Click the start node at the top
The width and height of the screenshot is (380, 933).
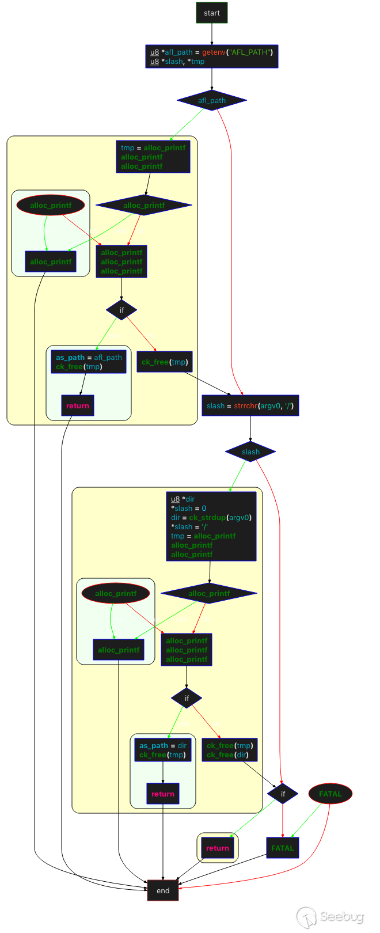pyautogui.click(x=211, y=13)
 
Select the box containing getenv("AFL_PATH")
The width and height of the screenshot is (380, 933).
pyautogui.click(x=211, y=56)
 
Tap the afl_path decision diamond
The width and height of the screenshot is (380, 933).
pyautogui.click(x=211, y=100)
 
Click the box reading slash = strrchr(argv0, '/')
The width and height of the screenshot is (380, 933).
pyautogui.click(x=250, y=405)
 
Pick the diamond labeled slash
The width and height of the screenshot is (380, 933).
pyautogui.click(x=250, y=452)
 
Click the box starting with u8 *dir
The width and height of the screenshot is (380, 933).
pyautogui.click(x=211, y=526)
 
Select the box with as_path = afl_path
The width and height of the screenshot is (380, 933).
pyautogui.click(x=89, y=362)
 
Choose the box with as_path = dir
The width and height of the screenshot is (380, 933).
pyautogui.click(x=163, y=750)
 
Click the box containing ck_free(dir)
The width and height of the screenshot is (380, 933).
pyautogui.click(x=229, y=750)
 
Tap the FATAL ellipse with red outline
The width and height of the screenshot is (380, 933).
pyautogui.click(x=330, y=794)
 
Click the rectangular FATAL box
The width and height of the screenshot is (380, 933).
pyautogui.click(x=282, y=848)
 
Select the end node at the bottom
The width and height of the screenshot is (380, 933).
pyautogui.click(x=163, y=890)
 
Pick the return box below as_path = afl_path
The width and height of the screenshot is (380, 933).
pyautogui.click(x=77, y=405)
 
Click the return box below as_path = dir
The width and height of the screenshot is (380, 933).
pyautogui.click(x=163, y=794)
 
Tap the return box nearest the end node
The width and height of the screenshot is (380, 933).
pyautogui.click(x=217, y=848)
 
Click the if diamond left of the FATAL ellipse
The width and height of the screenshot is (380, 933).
pyautogui.click(x=282, y=794)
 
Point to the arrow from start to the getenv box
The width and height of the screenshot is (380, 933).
pyautogui.click(x=211, y=35)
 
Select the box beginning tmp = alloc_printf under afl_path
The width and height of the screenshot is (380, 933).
pyautogui.click(x=153, y=157)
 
